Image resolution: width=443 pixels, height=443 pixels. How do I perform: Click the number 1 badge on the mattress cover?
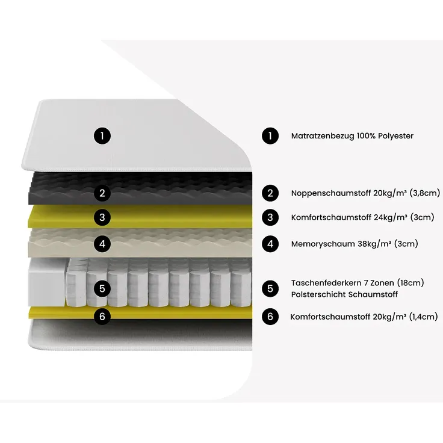pos(102,136)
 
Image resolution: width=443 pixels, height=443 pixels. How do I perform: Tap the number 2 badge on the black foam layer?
pos(102,193)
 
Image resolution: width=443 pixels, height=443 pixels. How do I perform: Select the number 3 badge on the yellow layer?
pos(102,217)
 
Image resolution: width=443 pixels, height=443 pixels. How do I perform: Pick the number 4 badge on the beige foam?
pos(102,244)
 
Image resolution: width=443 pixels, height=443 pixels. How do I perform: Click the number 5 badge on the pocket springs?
pos(102,288)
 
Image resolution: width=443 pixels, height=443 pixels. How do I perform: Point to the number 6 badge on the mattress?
pos(102,316)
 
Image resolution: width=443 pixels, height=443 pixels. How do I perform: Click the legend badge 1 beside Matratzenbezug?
pos(270,136)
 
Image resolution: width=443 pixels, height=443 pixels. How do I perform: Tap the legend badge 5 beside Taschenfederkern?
pos(270,288)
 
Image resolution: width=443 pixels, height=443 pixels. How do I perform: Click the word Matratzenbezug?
pos(323,136)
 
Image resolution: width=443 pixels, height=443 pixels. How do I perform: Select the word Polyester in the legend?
pos(396,136)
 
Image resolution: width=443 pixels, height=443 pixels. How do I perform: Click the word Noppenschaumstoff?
pos(331,194)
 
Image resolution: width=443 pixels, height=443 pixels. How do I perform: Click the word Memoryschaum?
pos(323,244)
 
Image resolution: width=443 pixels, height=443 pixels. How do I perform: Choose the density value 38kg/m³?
pos(374,244)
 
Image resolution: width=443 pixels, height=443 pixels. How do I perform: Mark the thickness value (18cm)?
pos(410,283)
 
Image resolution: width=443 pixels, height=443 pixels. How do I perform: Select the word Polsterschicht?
pos(318,295)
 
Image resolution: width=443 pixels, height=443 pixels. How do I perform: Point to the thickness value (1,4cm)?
pos(423,317)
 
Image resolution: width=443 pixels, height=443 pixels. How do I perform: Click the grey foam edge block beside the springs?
pos(48,282)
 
